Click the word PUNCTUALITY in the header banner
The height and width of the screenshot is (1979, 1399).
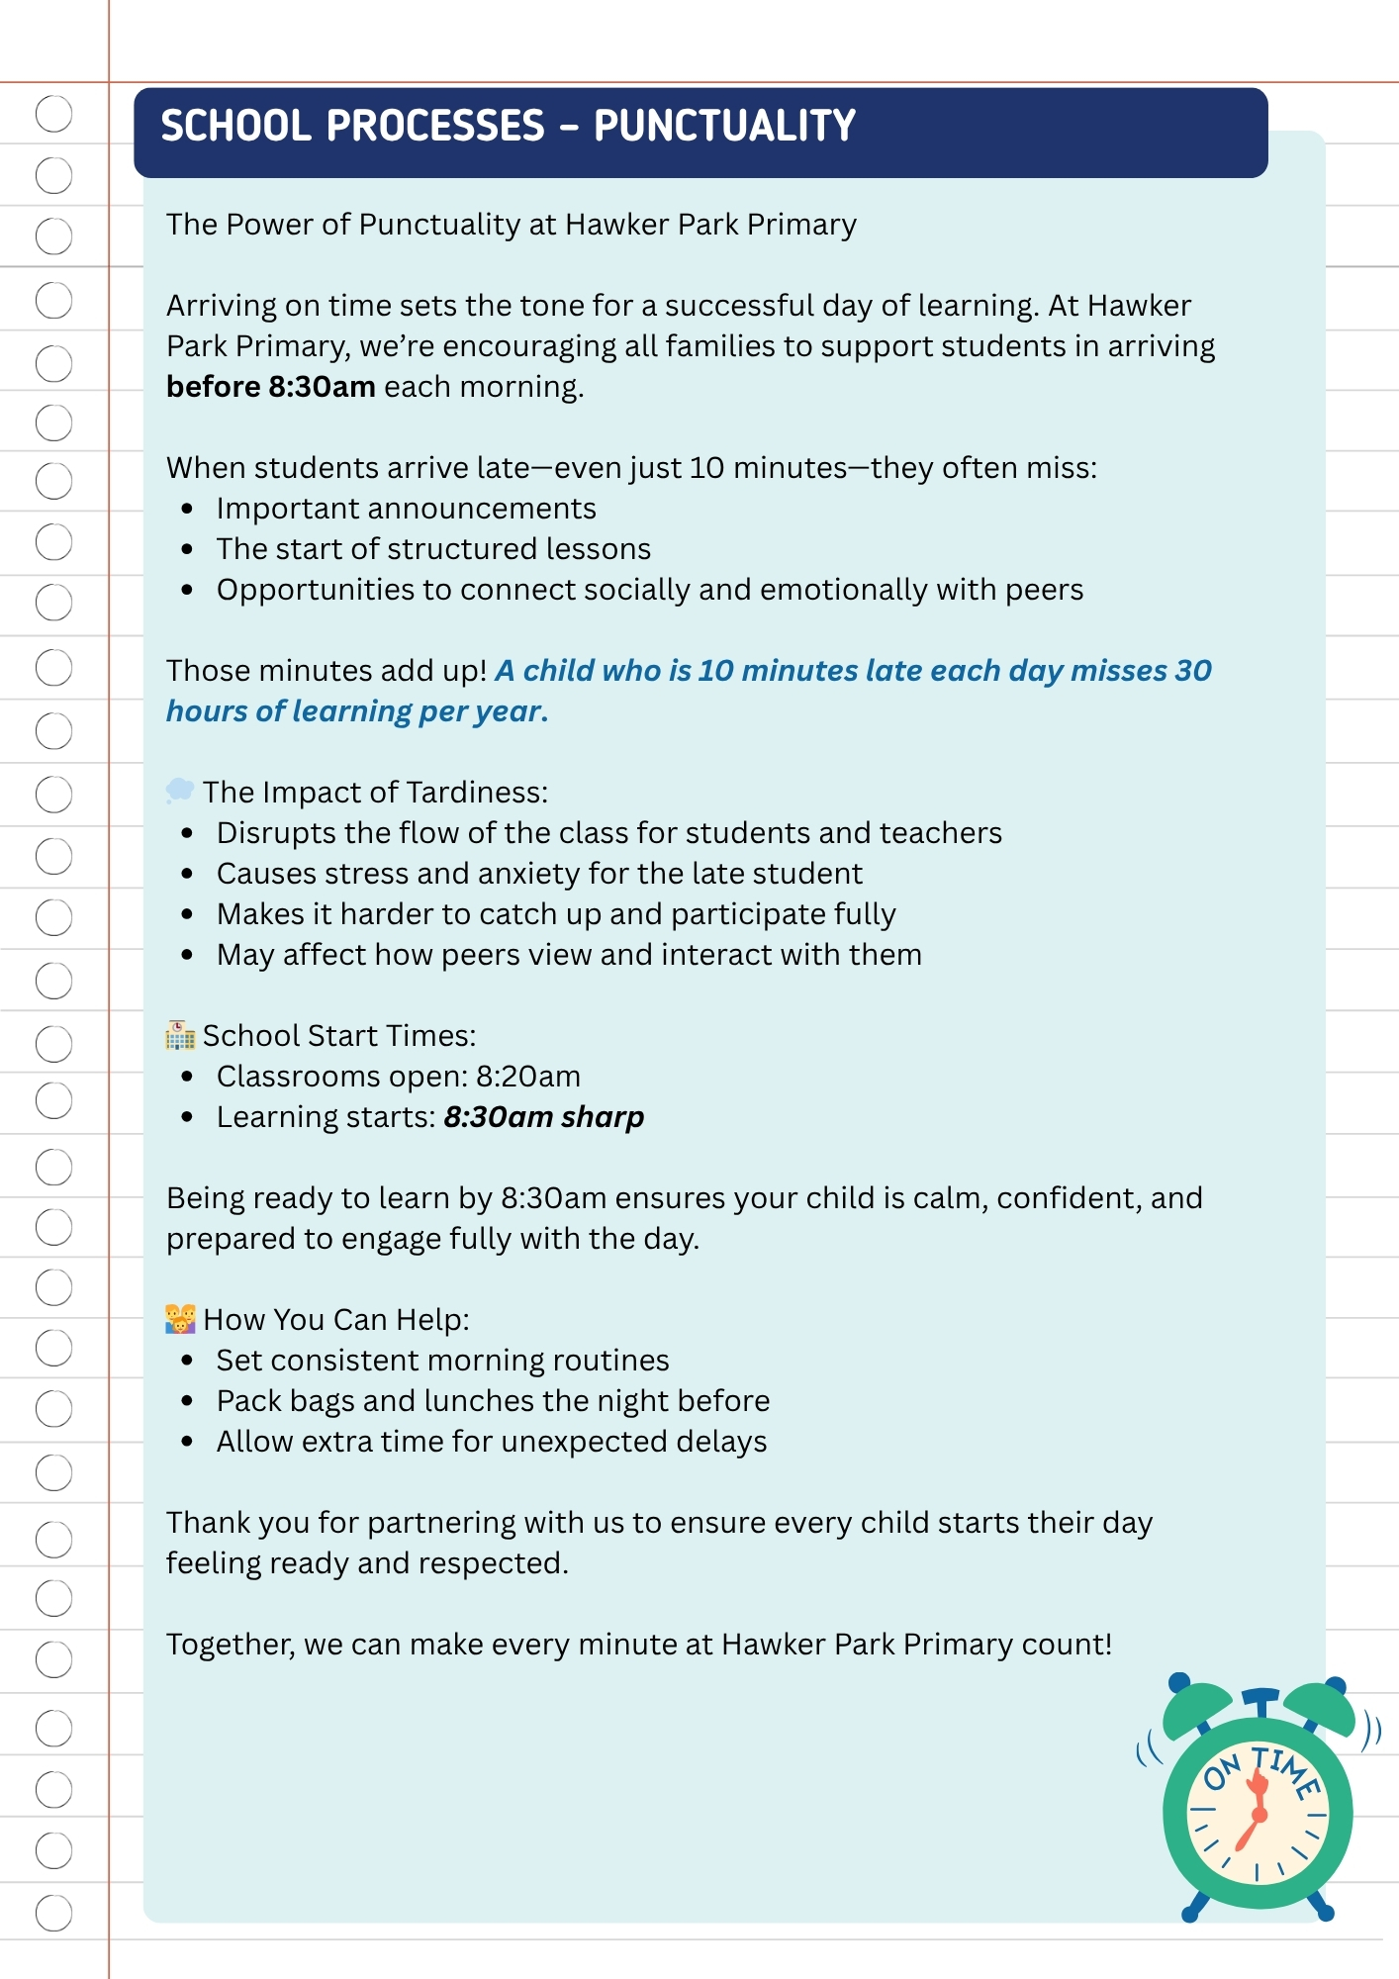724,127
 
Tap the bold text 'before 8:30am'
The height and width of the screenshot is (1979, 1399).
270,387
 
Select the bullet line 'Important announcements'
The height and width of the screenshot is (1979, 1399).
406,509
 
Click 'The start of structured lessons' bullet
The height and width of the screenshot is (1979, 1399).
433,549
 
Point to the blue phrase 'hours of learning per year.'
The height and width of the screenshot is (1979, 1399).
356,711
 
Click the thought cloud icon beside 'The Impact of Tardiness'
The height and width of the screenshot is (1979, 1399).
180,791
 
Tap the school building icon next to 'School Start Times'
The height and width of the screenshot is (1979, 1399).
180,1035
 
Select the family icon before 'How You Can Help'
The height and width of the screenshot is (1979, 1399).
180,1319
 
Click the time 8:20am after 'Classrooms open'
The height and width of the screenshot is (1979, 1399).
528,1077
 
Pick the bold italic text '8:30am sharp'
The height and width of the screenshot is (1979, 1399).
543,1117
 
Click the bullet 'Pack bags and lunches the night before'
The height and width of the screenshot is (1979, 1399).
493,1401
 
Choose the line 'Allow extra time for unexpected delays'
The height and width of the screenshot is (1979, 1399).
492,1442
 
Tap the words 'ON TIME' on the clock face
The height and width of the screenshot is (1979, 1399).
1262,1771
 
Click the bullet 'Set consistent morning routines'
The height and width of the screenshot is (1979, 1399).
442,1361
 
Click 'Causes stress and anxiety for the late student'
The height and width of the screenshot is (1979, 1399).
539,874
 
